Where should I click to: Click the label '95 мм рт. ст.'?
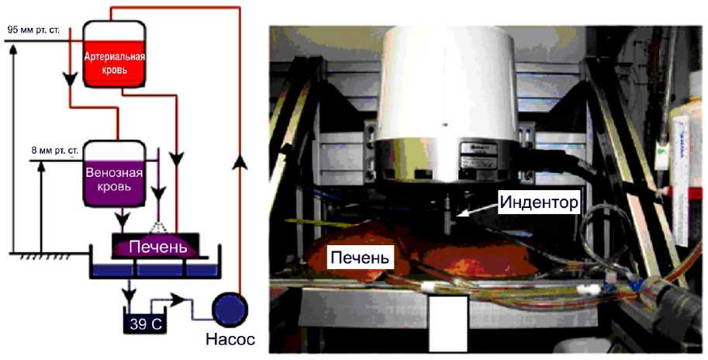pyautogui.click(x=36, y=29)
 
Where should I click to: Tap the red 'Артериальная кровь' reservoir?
pyautogui.click(x=115, y=60)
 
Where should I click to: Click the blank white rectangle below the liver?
pyautogui.click(x=448, y=322)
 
